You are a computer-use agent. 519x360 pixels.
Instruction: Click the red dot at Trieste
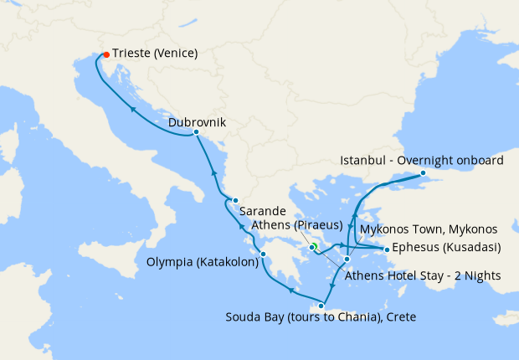point(105,54)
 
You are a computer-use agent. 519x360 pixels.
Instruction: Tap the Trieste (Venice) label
point(155,54)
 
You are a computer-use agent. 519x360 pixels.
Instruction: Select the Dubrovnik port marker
point(196,132)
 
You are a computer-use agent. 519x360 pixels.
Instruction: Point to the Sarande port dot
point(236,200)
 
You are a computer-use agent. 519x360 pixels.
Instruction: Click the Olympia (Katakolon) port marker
point(263,255)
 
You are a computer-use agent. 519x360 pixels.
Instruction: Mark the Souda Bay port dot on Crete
point(321,305)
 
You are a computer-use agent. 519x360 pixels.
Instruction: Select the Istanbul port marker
point(423,173)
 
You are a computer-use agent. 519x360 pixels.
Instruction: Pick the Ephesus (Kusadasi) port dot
point(386,249)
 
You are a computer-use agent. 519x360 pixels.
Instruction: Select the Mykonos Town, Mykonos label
point(428,229)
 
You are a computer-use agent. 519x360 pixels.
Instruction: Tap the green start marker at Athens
point(313,247)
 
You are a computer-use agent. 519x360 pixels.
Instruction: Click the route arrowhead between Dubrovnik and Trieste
point(133,107)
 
